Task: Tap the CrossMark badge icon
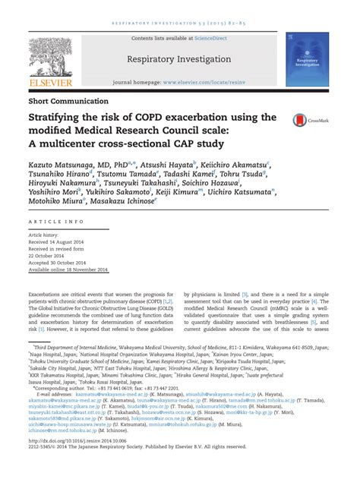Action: [302, 120]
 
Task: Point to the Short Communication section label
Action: [68, 101]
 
